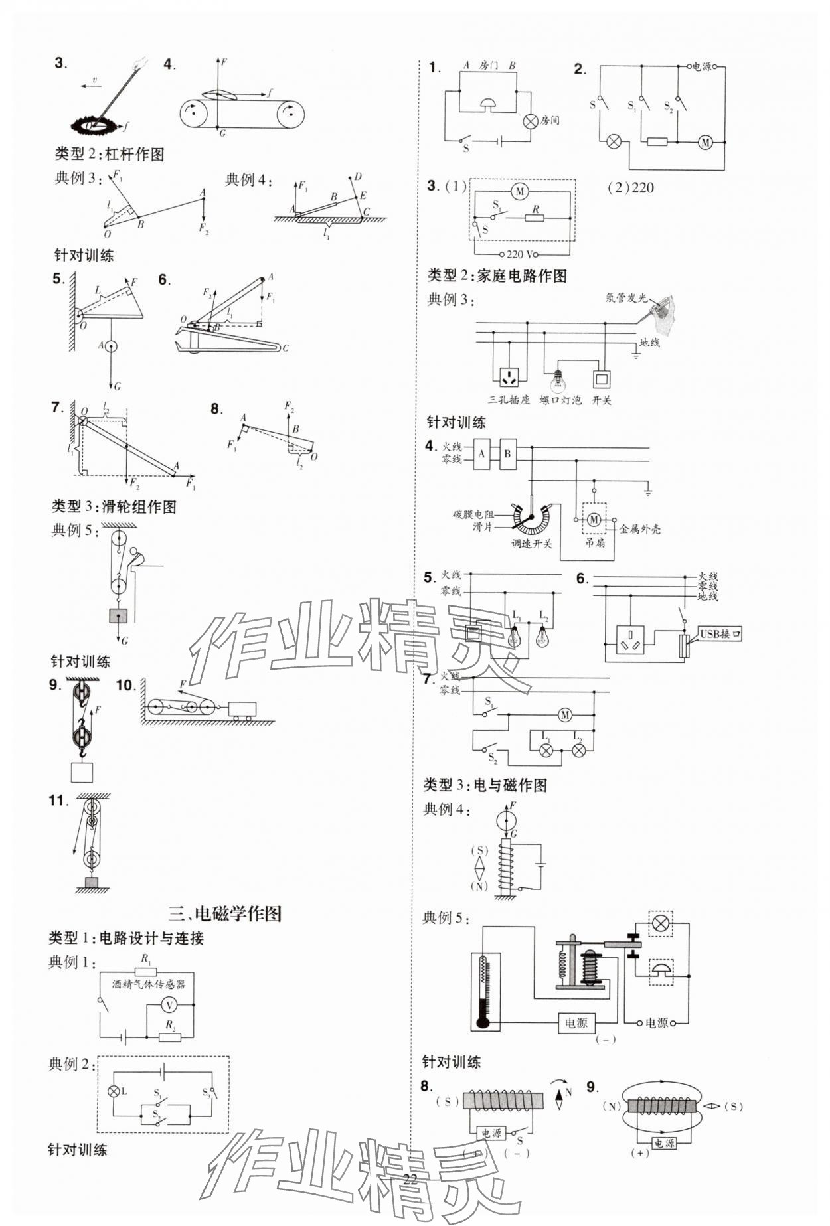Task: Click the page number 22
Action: pos(410,1178)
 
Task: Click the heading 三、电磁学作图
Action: pos(224,913)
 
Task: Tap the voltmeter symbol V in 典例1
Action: pos(170,1004)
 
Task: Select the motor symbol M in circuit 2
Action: pos(705,142)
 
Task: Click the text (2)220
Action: pos(630,188)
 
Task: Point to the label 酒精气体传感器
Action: pos(149,984)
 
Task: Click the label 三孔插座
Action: pos(509,400)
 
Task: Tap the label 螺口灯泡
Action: pos(560,400)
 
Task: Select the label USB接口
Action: pos(720,634)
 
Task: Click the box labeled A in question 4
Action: pos(482,455)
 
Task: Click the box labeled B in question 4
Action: pos(508,455)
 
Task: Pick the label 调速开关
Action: pos(531,544)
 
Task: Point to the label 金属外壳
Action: pos(639,530)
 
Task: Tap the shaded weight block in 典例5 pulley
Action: pos(118,615)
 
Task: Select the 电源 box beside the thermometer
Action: pos(576,1023)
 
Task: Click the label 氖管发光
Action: pos(625,298)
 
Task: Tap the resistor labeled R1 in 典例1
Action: pos(146,971)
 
